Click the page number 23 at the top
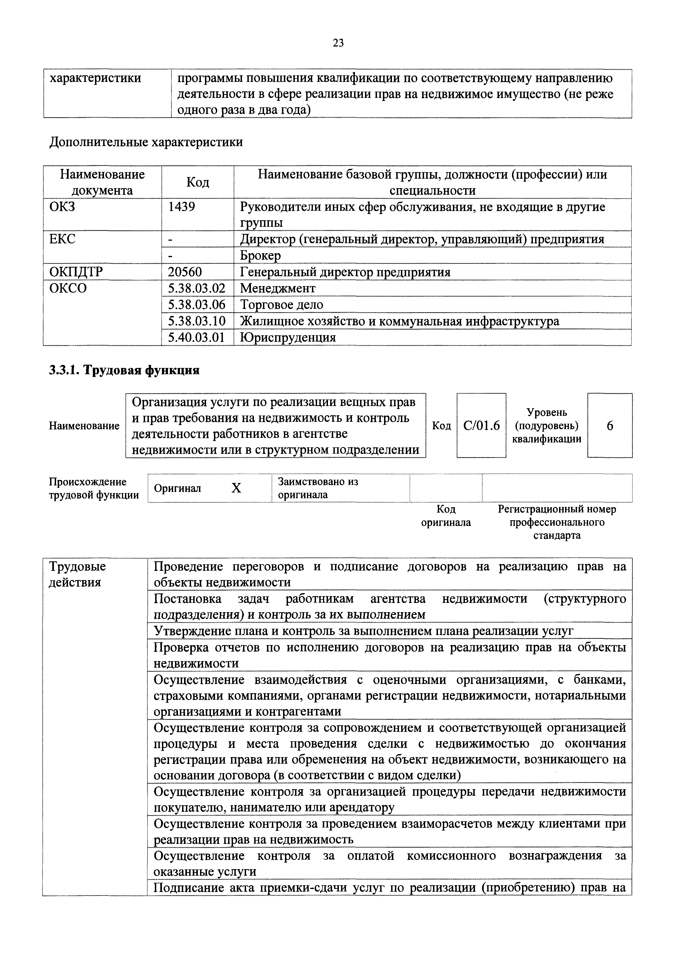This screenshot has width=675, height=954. [x=338, y=43]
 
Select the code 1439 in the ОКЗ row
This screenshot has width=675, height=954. [x=181, y=206]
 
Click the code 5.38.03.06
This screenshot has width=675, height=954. [x=196, y=305]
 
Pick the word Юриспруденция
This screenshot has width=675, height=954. [x=288, y=337]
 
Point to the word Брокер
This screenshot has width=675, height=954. [x=260, y=256]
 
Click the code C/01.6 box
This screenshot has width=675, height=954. [x=481, y=426]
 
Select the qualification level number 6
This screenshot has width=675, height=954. [x=610, y=426]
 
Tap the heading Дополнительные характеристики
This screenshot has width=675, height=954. [x=146, y=142]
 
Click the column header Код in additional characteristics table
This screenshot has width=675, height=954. [x=198, y=182]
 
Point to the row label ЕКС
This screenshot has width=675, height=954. [x=62, y=239]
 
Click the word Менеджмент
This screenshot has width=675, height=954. [x=278, y=288]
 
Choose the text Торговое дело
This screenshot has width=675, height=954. [x=281, y=305]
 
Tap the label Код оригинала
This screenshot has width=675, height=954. [x=446, y=516]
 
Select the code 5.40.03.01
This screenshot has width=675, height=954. [x=196, y=337]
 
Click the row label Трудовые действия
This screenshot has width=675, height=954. [x=77, y=574]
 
